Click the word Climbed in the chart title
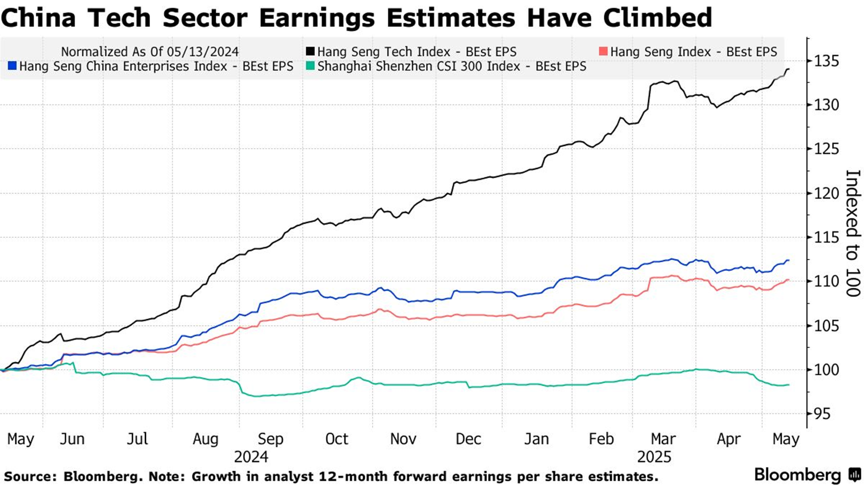657,18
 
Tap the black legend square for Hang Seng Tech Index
310,52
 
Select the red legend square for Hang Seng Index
603,52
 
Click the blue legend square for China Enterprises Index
12,66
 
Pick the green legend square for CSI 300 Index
310,66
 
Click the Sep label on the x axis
270,439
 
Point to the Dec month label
468,439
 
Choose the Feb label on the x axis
601,439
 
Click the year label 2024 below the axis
251,456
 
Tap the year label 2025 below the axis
654,456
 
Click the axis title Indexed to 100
853,233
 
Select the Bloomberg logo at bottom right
807,474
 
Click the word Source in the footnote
29,476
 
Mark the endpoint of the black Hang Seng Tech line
788,69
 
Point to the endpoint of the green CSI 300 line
788,385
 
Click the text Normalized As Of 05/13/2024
150,52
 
